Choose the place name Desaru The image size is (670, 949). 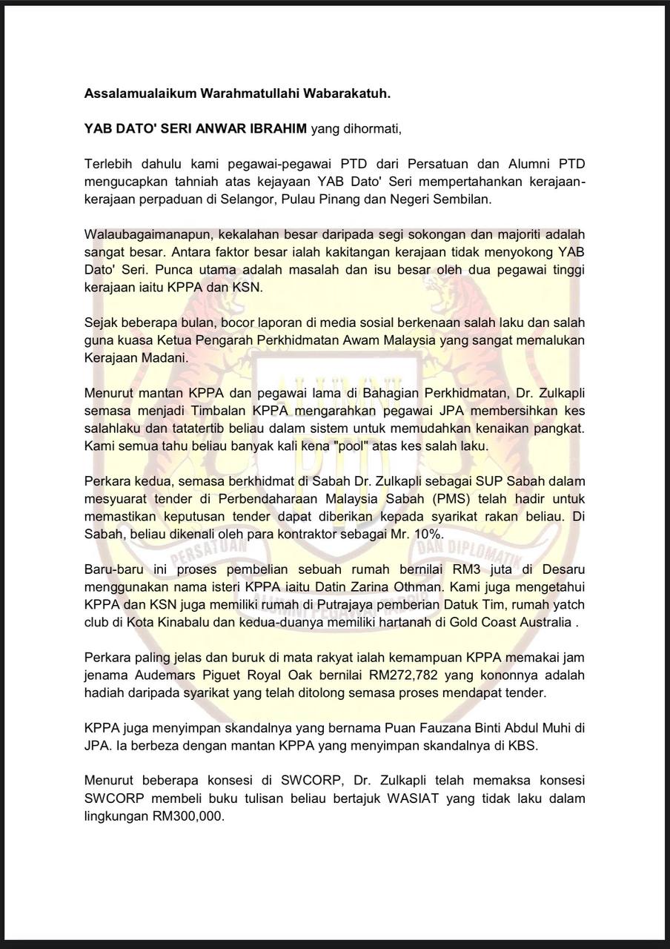click(x=560, y=569)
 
